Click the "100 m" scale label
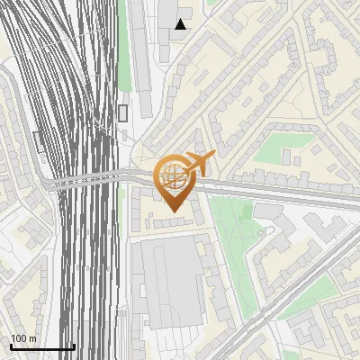(23, 338)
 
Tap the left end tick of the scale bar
(11, 346)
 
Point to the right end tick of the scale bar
(74, 346)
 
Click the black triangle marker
(181, 24)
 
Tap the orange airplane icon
(199, 164)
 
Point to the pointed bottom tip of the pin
(172, 211)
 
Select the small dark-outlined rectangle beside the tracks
(122, 112)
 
